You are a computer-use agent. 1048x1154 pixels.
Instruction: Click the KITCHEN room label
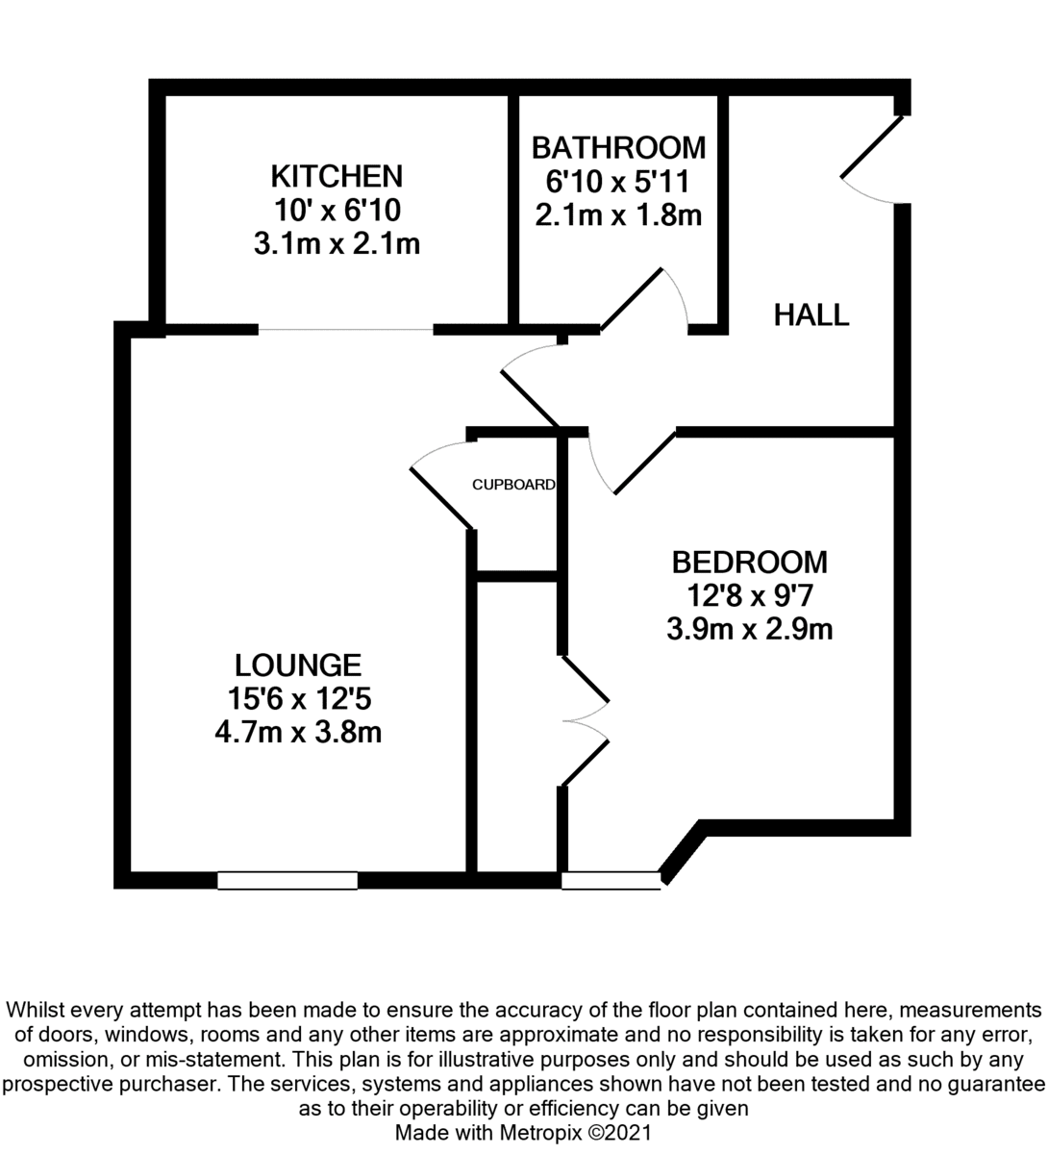337,176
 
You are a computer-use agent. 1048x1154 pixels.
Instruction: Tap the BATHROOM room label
618,148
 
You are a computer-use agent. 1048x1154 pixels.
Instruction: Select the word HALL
811,314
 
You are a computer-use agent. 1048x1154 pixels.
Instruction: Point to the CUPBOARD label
513,485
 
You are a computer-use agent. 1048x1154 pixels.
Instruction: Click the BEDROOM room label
750,562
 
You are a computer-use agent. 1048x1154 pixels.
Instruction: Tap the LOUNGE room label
298,665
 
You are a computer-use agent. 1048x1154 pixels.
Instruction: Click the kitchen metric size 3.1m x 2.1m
337,244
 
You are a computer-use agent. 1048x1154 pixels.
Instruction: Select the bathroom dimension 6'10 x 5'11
617,182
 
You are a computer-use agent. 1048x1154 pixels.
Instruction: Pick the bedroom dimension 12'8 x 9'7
750,596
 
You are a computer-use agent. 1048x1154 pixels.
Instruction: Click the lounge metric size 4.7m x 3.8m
298,733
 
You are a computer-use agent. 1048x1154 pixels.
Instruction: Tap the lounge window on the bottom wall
287,880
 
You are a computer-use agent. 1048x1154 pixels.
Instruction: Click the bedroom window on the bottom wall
611,880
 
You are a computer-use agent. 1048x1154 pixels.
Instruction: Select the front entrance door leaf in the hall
872,147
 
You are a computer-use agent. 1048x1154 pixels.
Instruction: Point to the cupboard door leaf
441,498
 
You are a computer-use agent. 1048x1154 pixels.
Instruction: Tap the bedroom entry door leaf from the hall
644,464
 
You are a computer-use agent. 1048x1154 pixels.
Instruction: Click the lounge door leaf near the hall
529,399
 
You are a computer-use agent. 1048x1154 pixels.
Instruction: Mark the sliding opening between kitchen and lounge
345,330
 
